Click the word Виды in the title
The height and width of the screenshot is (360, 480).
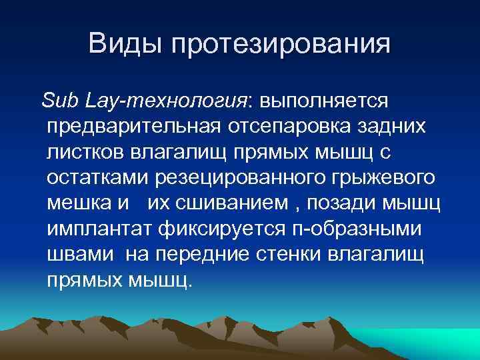point(126,45)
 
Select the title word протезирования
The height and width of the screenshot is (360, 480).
point(281,45)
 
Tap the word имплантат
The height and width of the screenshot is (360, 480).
point(101,229)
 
